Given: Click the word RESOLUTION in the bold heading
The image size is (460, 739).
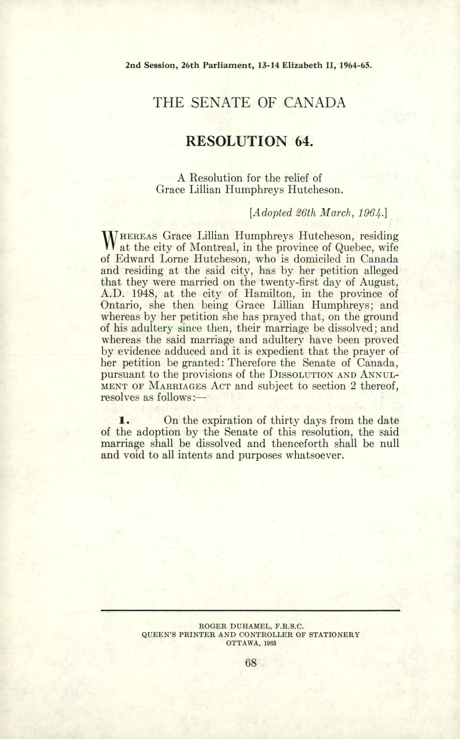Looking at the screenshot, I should [x=236, y=141].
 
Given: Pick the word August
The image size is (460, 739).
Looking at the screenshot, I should [x=379, y=282].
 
